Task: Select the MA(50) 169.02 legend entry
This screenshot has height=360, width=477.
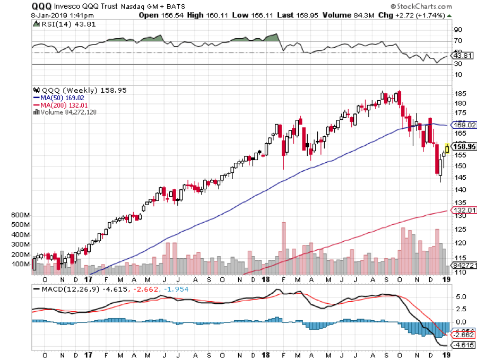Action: pyautogui.click(x=58, y=98)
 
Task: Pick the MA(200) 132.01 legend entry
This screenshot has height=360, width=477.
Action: pyautogui.click(x=60, y=105)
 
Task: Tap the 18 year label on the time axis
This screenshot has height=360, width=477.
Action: pyautogui.click(x=267, y=279)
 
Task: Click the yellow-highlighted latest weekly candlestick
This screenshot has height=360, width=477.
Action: pyautogui.click(x=447, y=148)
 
